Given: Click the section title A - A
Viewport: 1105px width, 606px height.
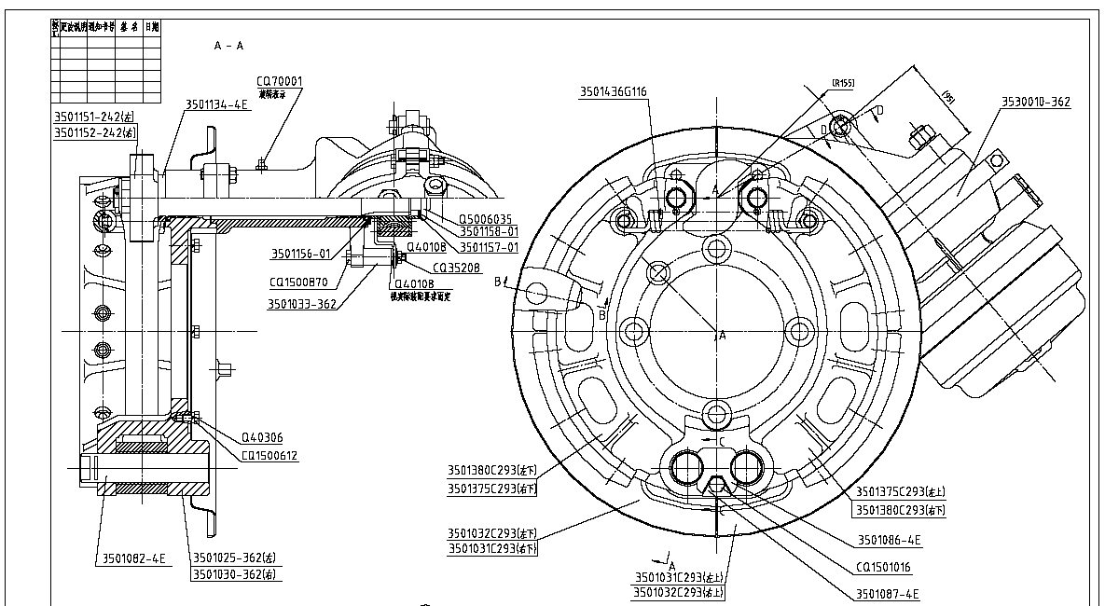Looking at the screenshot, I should pyautogui.click(x=228, y=45).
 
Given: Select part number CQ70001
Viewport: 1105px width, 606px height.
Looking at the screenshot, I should pyautogui.click(x=280, y=81).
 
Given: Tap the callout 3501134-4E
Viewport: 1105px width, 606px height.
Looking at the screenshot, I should pyautogui.click(x=217, y=104).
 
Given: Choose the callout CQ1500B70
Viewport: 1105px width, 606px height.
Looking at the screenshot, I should pyautogui.click(x=298, y=281).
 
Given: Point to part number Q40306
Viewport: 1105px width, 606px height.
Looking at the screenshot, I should pyautogui.click(x=262, y=437).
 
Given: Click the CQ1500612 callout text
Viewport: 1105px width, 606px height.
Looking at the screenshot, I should pyautogui.click(x=269, y=456).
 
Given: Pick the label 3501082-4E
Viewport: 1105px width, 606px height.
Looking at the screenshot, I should pyautogui.click(x=131, y=558).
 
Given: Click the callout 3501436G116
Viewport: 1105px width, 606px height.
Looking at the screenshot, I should pyautogui.click(x=614, y=91).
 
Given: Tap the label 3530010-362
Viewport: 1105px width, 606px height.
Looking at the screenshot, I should pyautogui.click(x=1036, y=102).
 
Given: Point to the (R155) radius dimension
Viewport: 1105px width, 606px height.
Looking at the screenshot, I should pyautogui.click(x=842, y=84).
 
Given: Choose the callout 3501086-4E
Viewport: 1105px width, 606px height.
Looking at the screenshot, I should pyautogui.click(x=890, y=540).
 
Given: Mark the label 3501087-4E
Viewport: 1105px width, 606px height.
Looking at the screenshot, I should pyautogui.click(x=887, y=594).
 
